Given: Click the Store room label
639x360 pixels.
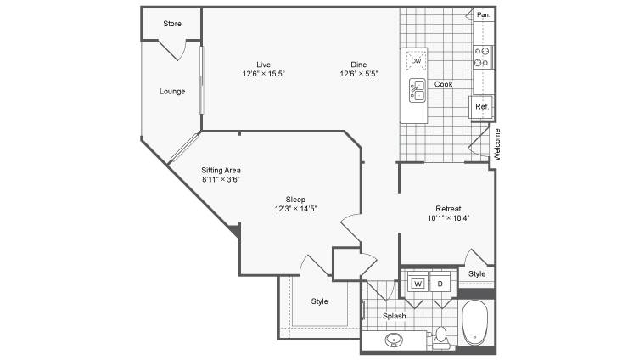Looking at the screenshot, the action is coord(172,24).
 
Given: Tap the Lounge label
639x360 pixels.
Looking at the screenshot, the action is coord(172,92).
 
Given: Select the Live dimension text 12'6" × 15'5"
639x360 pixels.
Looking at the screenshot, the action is coord(263,74).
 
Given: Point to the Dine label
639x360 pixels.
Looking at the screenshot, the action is coord(359,65).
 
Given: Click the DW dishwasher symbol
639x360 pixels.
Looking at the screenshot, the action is coord(416,61).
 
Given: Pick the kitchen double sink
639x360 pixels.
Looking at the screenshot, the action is coord(418,90).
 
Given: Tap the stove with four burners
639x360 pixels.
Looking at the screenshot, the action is coord(482,57).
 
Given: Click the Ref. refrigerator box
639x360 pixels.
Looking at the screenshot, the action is coord(481,107).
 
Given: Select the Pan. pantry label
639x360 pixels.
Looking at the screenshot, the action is coord(484,14).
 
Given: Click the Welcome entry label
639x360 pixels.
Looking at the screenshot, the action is coord(497,144).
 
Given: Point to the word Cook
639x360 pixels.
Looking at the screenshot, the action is coord(443,84).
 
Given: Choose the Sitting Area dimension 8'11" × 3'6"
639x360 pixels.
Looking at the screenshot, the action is coord(221,179).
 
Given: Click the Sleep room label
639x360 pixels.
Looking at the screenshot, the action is coord(295,200).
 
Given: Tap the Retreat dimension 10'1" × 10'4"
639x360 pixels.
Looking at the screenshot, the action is coord(448,217).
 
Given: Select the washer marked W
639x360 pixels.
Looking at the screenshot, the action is coord(418,284).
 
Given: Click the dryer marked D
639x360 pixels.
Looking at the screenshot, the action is coord(440,284).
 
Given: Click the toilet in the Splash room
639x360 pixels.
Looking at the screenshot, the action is coord(440,336).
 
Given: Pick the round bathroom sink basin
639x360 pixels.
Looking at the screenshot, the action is coord(394,339).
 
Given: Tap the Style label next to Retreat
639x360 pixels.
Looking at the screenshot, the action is coord(477,273).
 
